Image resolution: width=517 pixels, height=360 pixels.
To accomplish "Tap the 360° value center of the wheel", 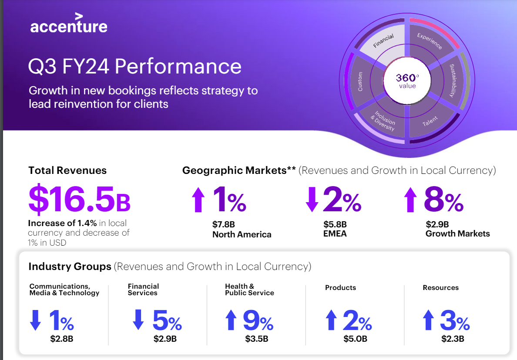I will pos(407,80).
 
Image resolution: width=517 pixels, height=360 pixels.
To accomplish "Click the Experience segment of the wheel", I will pos(430,41).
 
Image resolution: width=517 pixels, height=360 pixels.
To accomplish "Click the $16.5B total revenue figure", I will pos(79,200).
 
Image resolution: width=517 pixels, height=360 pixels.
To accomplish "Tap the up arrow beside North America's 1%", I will pos(198,200).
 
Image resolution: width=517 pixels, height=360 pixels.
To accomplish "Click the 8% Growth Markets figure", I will pos(444,200).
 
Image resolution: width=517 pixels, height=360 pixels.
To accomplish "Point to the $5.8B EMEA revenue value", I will pos(335,225).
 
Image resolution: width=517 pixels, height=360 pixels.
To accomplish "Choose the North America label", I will pos(242,235).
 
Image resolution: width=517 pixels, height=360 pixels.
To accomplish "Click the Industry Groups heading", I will pos(70,267).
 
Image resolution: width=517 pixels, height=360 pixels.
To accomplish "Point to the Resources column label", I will pos(440,288).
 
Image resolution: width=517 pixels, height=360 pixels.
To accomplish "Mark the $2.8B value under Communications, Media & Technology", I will pos(61,339).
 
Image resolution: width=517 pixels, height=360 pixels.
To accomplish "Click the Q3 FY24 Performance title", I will pos(135,67).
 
